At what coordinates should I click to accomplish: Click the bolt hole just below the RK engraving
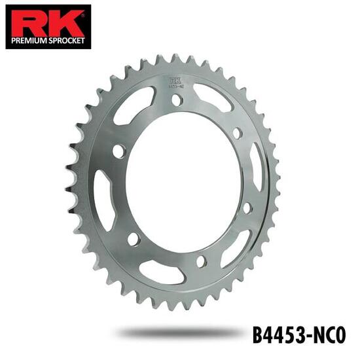(176, 100)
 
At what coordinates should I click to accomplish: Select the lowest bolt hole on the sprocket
(201, 261)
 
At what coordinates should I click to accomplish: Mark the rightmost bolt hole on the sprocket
(247, 207)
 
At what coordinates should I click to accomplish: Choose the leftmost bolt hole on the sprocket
(118, 151)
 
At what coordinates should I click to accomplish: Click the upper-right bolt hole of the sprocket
(237, 133)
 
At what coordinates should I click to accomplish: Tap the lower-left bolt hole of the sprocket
(134, 239)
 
